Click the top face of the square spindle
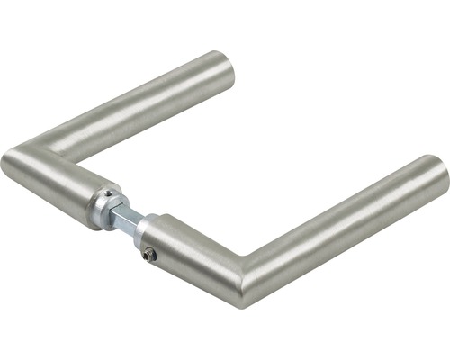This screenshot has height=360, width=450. pyautogui.click(x=127, y=211)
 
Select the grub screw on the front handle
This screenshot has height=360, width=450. pyautogui.click(x=149, y=255)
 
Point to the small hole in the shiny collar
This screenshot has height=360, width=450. pyautogui.click(x=107, y=193)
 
